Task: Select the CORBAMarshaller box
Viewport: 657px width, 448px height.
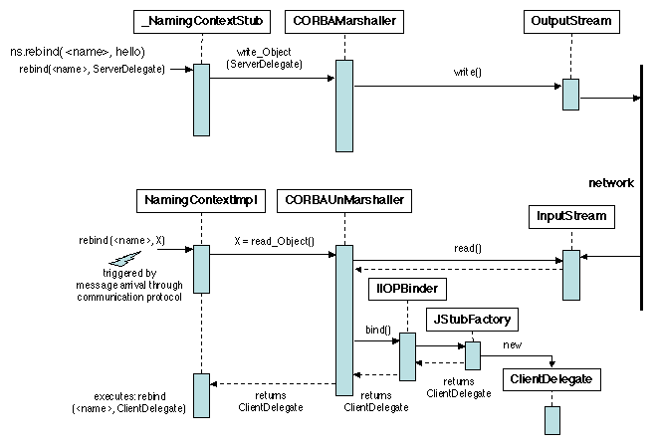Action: coord(342,21)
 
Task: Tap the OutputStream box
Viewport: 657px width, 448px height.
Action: coord(569,21)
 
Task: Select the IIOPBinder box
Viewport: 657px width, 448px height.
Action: coord(406,289)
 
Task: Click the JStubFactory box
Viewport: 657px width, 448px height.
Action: coord(472,319)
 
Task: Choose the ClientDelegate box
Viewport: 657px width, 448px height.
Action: coord(550,379)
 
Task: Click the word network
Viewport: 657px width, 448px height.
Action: coord(611,183)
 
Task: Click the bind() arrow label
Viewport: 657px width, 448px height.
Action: coord(377,329)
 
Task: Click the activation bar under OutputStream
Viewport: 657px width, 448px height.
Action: coord(569,94)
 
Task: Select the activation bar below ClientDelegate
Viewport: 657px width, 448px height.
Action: coord(551,419)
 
